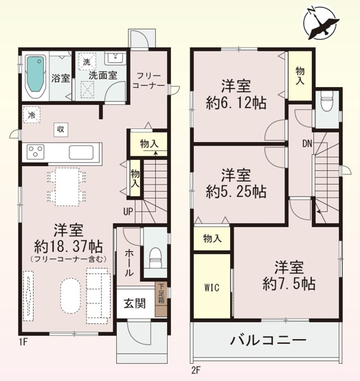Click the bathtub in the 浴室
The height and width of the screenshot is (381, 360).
point(34,72)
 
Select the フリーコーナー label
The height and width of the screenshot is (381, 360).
point(150,80)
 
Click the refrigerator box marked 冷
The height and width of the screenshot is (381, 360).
point(31,116)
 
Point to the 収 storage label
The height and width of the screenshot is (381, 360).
point(60,128)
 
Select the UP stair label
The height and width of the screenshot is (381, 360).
point(128,211)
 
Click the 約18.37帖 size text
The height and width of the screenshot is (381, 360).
point(67,245)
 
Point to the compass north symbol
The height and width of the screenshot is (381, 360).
point(322,23)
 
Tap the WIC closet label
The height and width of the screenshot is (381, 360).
point(210,287)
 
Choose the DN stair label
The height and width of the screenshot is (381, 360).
point(306,143)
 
